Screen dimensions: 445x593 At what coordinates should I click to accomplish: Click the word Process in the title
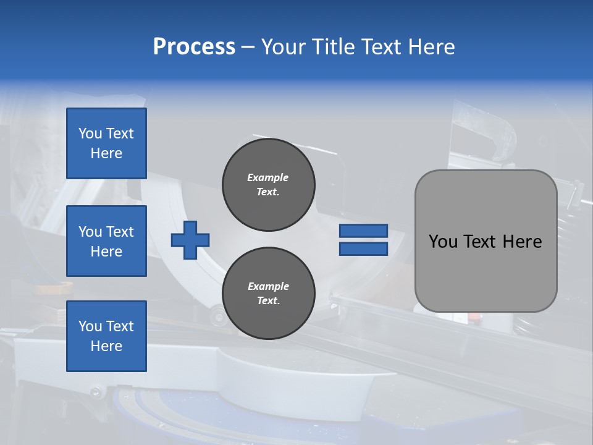pyautogui.click(x=194, y=46)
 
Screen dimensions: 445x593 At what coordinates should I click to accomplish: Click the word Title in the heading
pyautogui.click(x=330, y=46)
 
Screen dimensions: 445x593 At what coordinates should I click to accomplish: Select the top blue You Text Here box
pyautogui.click(x=106, y=143)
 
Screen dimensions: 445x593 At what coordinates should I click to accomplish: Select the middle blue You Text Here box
pyautogui.click(x=106, y=241)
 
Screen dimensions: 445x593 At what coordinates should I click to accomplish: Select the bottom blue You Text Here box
pyautogui.click(x=106, y=336)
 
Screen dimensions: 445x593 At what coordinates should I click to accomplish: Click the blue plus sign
pyautogui.click(x=190, y=239)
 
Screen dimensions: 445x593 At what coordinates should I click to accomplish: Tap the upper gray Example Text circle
pyautogui.click(x=268, y=185)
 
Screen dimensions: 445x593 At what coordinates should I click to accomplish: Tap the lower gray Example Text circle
pyautogui.click(x=268, y=294)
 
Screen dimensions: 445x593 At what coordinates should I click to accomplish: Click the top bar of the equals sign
pyautogui.click(x=363, y=231)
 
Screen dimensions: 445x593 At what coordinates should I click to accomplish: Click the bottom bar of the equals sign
pyautogui.click(x=363, y=248)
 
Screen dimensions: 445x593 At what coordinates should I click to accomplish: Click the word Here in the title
pyautogui.click(x=431, y=46)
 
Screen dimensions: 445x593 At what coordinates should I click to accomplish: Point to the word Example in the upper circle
pyautogui.click(x=267, y=177)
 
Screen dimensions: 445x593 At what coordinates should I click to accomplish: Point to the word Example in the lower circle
pyautogui.click(x=267, y=286)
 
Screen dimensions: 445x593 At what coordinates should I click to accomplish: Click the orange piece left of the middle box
pyautogui.click(x=53, y=287)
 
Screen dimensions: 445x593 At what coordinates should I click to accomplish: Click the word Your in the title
pyautogui.click(x=282, y=46)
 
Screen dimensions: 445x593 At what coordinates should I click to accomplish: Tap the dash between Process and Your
pyautogui.click(x=248, y=47)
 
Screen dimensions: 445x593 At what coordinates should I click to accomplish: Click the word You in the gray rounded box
pyautogui.click(x=443, y=242)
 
